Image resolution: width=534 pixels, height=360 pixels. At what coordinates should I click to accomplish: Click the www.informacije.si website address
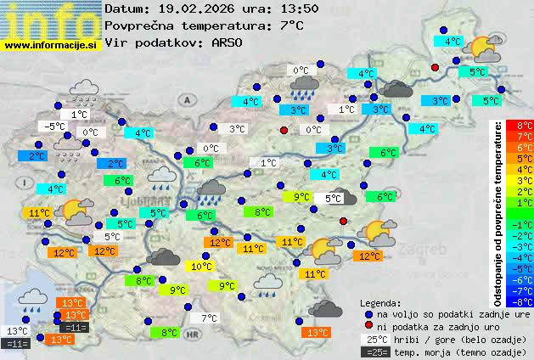pos(51,45)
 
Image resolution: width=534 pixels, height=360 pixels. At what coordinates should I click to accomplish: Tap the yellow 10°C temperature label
pos(201,267)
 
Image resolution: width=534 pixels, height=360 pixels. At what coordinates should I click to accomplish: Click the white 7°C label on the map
pos(208,318)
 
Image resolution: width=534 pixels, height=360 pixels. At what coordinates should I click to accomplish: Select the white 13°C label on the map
pos(17,331)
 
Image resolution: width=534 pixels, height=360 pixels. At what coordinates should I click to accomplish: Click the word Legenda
pos(380,303)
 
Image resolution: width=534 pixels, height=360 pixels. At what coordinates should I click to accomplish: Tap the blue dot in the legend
pos(368,313)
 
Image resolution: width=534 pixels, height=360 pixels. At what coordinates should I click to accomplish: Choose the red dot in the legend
pos(368,326)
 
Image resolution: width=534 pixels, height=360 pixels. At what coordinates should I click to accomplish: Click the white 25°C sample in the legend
pos(374,339)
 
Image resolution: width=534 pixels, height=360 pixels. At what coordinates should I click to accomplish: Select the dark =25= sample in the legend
pos(374,352)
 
